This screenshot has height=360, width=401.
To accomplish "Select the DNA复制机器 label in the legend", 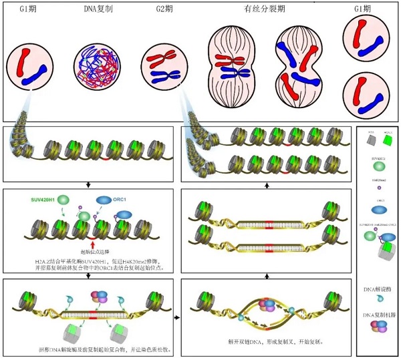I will (378, 315).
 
